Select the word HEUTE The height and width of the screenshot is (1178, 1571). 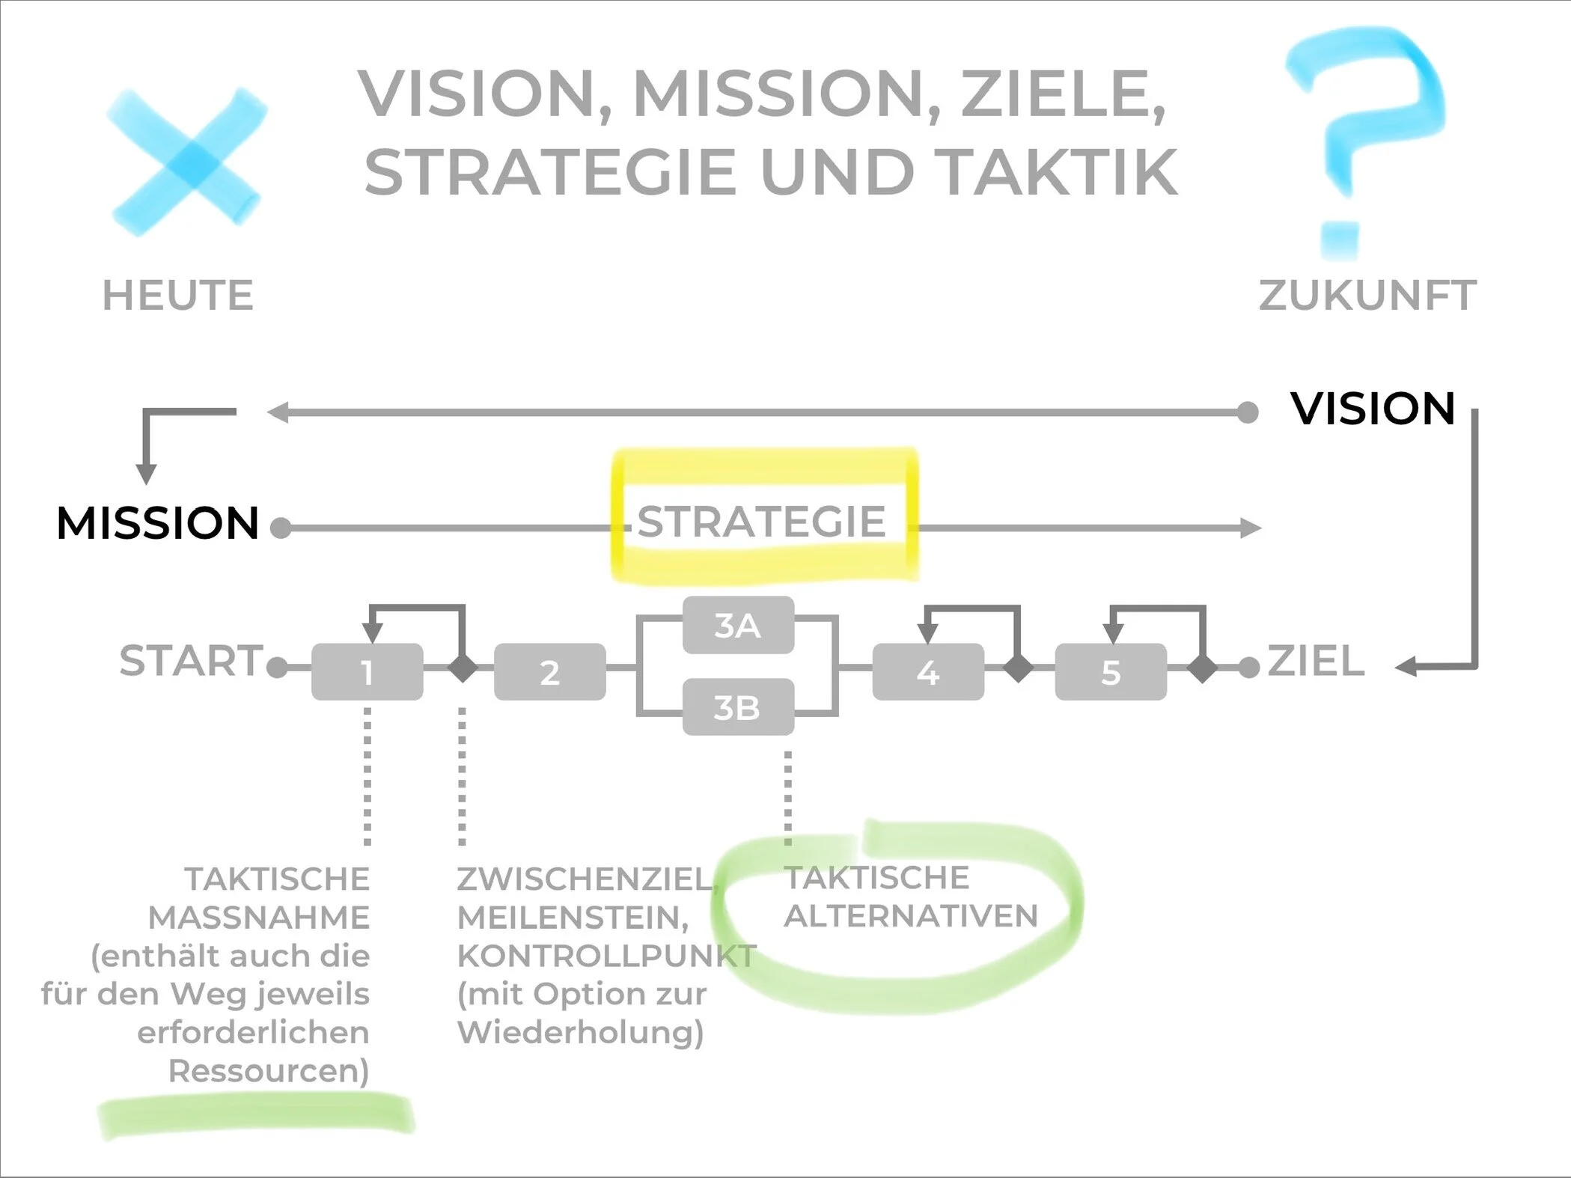tap(178, 295)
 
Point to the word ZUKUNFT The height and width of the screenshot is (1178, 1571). tap(1367, 295)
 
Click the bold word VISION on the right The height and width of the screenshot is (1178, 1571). tap(1373, 409)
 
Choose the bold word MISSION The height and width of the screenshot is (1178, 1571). tap(158, 522)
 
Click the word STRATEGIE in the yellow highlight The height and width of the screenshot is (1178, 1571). tap(761, 522)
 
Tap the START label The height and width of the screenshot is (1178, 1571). tap(191, 661)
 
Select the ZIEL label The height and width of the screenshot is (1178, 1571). tap(1315, 662)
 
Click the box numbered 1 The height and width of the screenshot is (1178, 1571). tap(367, 672)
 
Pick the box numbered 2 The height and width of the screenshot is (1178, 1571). tap(549, 672)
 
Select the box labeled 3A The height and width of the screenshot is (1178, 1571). tap(738, 625)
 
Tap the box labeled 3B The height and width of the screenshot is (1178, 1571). tap(738, 707)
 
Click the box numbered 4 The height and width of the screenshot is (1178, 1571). tap(928, 672)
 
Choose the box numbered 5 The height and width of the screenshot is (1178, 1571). tap(1111, 672)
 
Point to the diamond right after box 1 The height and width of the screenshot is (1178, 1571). tap(463, 667)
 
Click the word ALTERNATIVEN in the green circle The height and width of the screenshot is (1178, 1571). tap(911, 915)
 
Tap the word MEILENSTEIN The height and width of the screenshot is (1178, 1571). tap(572, 918)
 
